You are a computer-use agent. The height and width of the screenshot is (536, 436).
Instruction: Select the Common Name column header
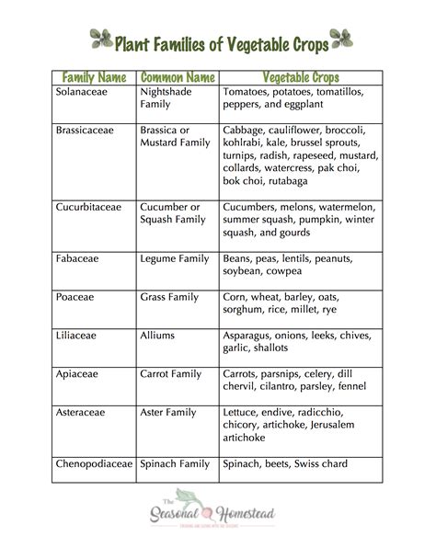click(x=176, y=75)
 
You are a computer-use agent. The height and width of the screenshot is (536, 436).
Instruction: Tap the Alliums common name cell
click(x=157, y=336)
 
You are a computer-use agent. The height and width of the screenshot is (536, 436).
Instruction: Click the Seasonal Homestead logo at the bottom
click(x=217, y=511)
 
